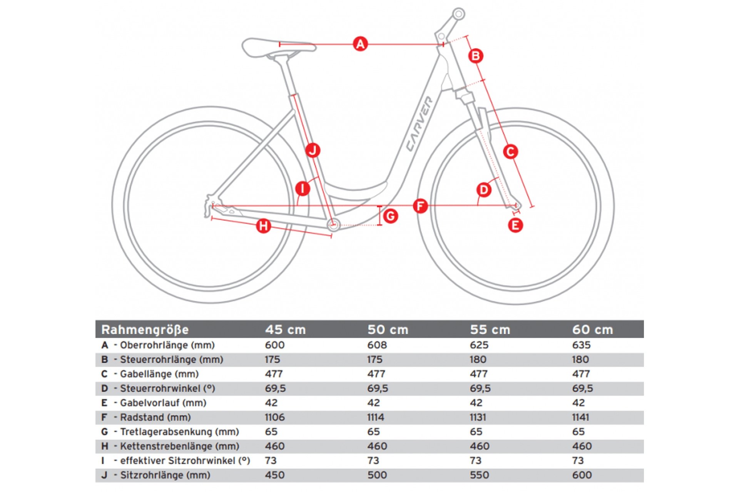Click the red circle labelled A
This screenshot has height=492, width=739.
click(360, 44)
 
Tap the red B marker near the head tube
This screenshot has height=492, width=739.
click(476, 56)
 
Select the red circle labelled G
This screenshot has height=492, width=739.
click(391, 216)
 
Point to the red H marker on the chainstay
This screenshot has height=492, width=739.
click(264, 226)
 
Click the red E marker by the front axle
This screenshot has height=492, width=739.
click(515, 225)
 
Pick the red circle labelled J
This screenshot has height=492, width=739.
click(313, 150)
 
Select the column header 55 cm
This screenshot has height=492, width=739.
click(490, 330)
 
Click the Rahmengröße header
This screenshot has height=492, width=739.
click(145, 330)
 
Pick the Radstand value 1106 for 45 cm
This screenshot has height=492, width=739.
click(275, 417)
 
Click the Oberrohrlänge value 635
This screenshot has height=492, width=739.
click(581, 345)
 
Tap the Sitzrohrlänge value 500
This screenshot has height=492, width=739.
click(377, 475)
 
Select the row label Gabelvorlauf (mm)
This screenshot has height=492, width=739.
click(163, 403)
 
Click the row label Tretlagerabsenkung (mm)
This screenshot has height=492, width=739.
click(179, 432)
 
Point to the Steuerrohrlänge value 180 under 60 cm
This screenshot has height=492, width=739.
click(580, 360)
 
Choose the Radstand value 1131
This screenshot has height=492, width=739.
click(478, 417)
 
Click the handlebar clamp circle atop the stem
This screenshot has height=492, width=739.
click(458, 14)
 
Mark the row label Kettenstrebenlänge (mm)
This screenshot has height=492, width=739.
click(179, 446)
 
